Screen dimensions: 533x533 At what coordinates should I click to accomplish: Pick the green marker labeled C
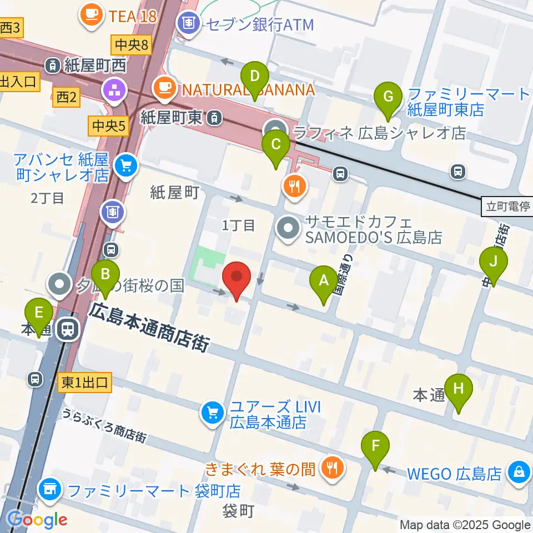coord(275,147)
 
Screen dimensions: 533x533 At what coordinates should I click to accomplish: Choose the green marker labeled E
coord(38,315)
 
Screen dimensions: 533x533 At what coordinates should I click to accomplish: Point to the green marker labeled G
coord(388,99)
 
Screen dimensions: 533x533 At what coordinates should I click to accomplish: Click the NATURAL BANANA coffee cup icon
coord(165,87)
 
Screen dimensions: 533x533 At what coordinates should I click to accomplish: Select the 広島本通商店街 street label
coord(151,327)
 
